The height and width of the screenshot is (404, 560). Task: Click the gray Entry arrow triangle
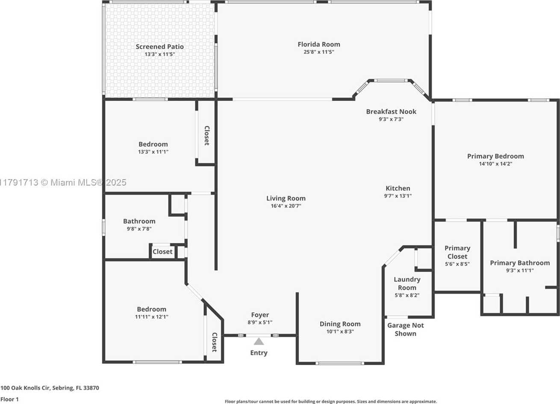point(259,342)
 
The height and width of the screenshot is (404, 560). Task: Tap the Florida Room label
point(319,44)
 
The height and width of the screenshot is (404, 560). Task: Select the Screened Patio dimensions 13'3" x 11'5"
point(160,54)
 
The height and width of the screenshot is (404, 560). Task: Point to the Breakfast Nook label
point(391,112)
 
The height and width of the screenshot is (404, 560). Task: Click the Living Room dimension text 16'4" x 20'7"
point(286,206)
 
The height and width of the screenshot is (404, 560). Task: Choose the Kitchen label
point(398,188)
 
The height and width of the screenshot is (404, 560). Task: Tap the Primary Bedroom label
point(495,156)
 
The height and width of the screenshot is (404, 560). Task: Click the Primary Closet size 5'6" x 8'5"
point(457,264)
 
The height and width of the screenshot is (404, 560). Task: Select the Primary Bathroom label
point(520,263)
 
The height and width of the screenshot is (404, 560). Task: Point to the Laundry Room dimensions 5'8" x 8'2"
point(407,295)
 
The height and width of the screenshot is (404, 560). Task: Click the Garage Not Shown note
point(406,329)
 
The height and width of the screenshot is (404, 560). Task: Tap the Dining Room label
point(340,324)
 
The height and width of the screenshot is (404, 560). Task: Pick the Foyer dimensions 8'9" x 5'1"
point(260,322)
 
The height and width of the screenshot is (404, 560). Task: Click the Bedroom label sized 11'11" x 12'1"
point(151,309)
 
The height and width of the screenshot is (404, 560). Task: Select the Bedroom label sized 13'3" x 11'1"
point(153,144)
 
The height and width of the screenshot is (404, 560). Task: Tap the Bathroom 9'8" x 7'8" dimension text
point(139,228)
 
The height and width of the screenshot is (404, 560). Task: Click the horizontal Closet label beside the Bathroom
point(162,251)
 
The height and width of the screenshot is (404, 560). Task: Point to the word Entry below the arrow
point(259,353)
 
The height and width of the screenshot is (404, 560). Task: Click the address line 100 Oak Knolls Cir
point(50,388)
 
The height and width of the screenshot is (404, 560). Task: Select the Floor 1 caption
point(9,399)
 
